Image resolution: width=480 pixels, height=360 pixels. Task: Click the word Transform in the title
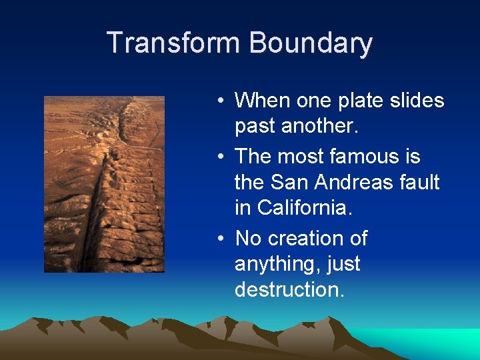175,43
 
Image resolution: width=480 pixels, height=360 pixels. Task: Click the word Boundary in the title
311,43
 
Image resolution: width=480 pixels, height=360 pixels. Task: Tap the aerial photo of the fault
104,184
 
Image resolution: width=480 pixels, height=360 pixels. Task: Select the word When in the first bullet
261,101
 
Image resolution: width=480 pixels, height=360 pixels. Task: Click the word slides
418,101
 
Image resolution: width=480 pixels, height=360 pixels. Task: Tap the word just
343,265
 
